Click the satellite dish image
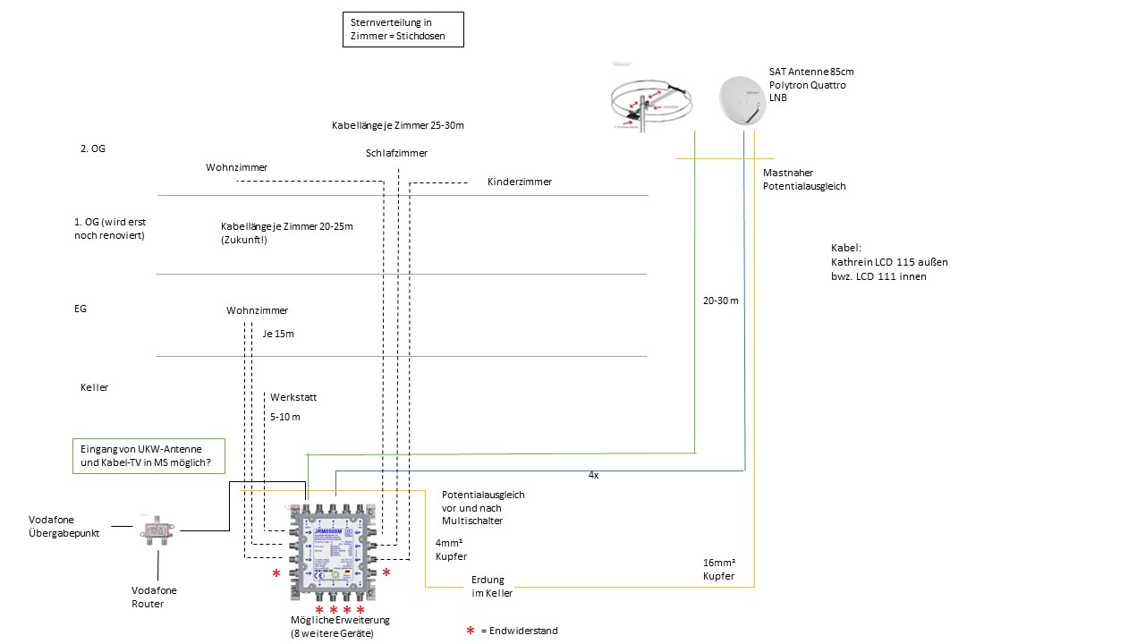point(743,99)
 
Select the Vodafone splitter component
point(159,531)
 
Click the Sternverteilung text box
point(403,30)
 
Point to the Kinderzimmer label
point(520,182)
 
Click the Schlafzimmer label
point(396,153)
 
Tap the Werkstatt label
point(293,397)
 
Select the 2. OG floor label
point(93,148)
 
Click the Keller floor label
point(94,387)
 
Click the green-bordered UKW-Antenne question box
point(148,455)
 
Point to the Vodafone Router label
point(154,597)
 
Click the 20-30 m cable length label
point(721,301)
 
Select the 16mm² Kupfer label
point(719,570)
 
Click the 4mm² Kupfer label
point(451,550)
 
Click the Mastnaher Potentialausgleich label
point(804,179)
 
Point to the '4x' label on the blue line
point(593,475)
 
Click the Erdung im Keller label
point(492,586)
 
